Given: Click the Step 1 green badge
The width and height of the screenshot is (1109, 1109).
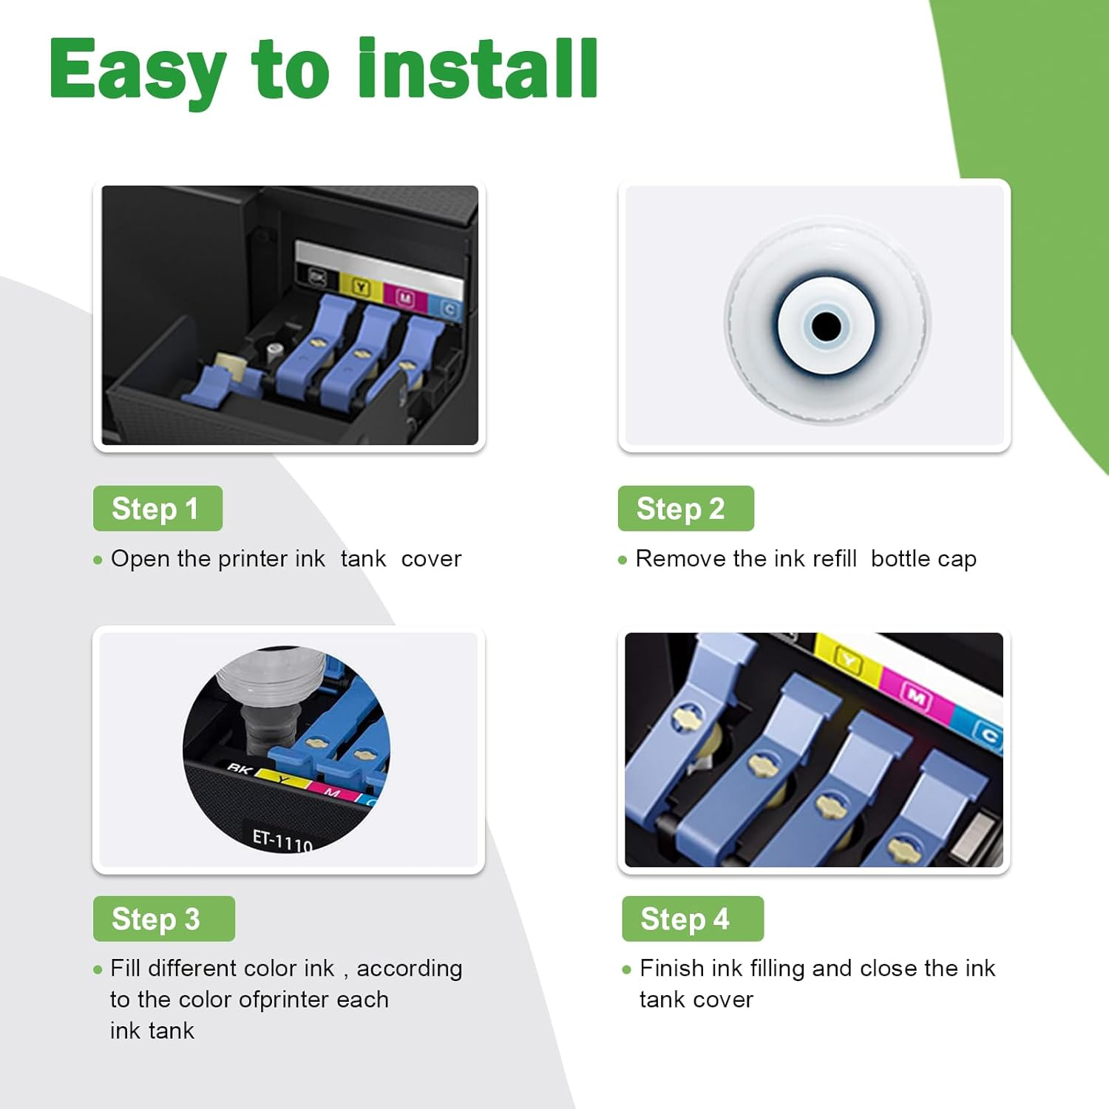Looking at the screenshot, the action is (x=157, y=509).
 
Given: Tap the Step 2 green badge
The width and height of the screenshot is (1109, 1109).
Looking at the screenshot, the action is (x=685, y=509).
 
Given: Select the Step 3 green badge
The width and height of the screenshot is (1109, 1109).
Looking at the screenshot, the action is (x=163, y=919).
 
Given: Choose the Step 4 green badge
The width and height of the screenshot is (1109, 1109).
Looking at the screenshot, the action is (x=692, y=919).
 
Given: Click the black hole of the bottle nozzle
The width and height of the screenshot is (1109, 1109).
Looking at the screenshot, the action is (x=826, y=325).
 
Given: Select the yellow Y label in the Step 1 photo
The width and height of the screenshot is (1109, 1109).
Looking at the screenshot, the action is (x=361, y=288).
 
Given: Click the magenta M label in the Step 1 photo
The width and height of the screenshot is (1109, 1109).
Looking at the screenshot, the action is (x=405, y=298).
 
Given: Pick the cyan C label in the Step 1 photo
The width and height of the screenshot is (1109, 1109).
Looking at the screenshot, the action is (x=450, y=309).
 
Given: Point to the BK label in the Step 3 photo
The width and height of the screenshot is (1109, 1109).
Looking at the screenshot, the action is (x=239, y=769).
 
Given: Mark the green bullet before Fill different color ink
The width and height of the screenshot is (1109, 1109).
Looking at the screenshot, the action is (x=98, y=969).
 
